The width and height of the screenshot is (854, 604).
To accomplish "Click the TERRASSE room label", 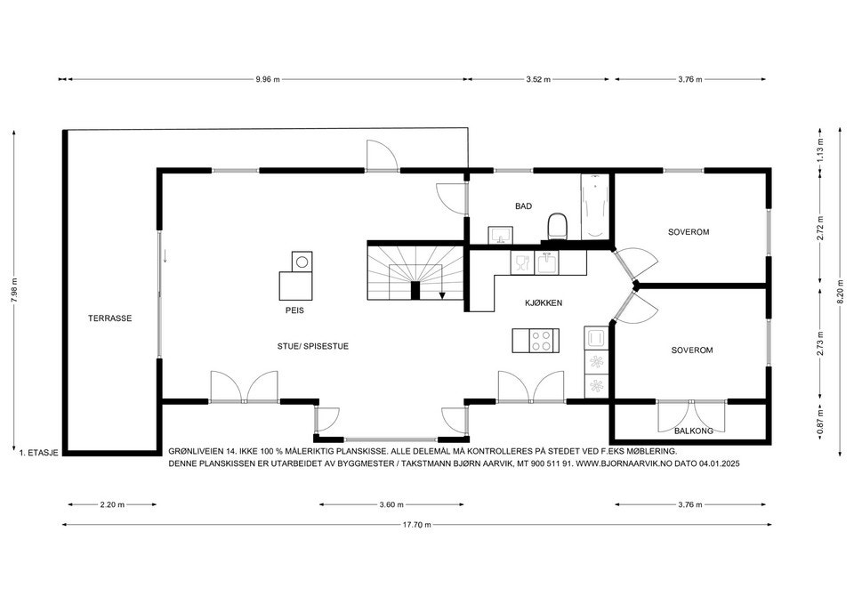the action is pos(110,318).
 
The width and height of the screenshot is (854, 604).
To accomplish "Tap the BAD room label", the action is pos(523,205).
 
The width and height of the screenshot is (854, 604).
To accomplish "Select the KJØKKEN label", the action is pos(544,302).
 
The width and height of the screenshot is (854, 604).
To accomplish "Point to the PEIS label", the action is pos(294,310).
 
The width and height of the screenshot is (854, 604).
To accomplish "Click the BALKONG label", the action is pos(693,431).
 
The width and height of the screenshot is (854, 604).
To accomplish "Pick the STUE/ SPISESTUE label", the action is pos(312,346).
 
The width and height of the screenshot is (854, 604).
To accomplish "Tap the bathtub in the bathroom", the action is pos(595,206).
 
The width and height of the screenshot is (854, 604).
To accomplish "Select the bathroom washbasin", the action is pos(500,236).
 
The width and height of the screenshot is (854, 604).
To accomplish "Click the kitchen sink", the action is pos(546,263).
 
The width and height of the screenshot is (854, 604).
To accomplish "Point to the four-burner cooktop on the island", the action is pos(543,341).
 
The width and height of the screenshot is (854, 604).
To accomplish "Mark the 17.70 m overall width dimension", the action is pos(416,525).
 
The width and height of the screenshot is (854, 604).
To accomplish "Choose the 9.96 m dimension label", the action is pos(268,79).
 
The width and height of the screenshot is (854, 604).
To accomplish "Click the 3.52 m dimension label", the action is pos(539,79).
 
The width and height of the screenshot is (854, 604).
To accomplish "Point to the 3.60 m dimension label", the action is pos(391,504).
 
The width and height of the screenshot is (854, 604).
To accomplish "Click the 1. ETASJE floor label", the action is pos(38,452).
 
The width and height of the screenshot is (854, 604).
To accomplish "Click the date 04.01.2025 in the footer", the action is pos(719,463).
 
